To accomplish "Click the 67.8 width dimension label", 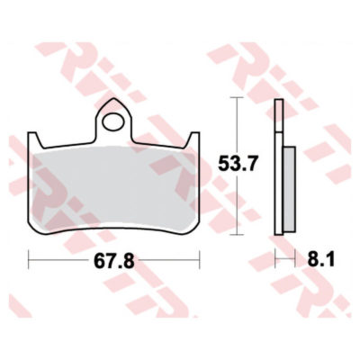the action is click(113, 261).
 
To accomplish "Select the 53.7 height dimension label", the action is click(238, 164).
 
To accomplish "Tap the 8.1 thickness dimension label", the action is click(320, 259).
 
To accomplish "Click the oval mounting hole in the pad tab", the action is click(113, 121).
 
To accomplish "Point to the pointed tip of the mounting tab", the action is click(113, 98).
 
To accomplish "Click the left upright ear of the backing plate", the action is click(34, 139).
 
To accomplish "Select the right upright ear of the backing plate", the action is click(193, 139).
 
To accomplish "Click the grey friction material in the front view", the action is click(113, 187).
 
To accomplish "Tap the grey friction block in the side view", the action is click(289, 189).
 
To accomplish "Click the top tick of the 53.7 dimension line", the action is click(238, 97).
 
